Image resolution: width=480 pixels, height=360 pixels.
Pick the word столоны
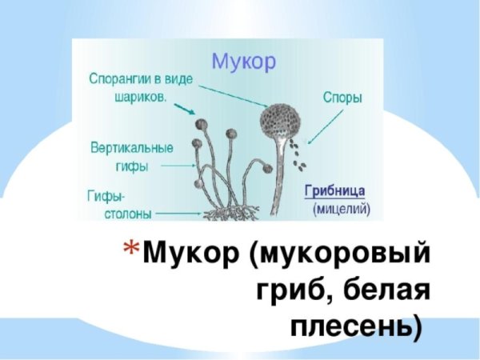(x=118, y=214)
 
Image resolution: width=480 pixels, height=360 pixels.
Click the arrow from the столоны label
(x=179, y=214)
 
